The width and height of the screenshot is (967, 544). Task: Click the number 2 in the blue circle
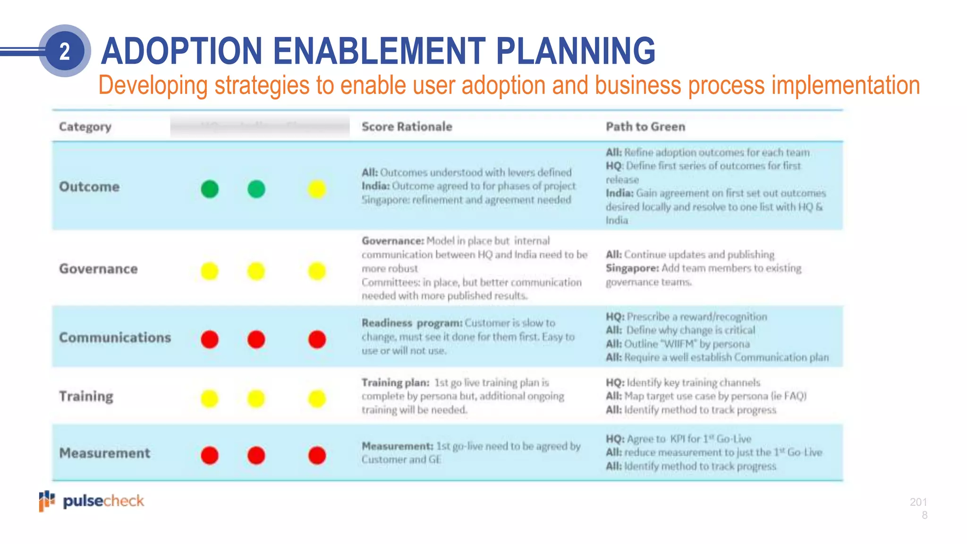click(x=65, y=51)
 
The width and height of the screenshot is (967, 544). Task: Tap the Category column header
click(x=85, y=127)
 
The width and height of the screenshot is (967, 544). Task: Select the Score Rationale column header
click(x=407, y=127)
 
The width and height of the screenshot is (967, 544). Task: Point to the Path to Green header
click(x=645, y=127)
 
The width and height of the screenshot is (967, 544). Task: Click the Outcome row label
click(x=89, y=187)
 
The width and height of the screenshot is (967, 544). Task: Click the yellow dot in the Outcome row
click(x=317, y=189)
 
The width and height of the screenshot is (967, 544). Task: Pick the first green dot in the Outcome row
click(x=210, y=189)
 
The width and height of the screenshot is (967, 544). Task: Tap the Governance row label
click(x=98, y=269)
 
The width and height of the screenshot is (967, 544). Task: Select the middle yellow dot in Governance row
click(x=256, y=271)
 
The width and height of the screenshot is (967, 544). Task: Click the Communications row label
click(x=115, y=337)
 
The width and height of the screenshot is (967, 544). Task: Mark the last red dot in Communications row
click(x=317, y=339)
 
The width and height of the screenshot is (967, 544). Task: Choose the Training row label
click(x=86, y=396)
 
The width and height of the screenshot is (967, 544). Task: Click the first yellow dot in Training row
click(x=210, y=399)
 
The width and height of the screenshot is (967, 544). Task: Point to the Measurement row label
click(x=104, y=453)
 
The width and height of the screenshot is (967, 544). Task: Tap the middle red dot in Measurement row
click(x=256, y=455)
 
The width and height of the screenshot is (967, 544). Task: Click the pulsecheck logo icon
click(x=46, y=501)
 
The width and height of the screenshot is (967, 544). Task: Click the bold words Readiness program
click(x=412, y=323)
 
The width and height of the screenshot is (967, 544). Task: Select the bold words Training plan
click(x=395, y=382)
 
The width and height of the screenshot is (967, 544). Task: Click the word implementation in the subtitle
click(x=845, y=85)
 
